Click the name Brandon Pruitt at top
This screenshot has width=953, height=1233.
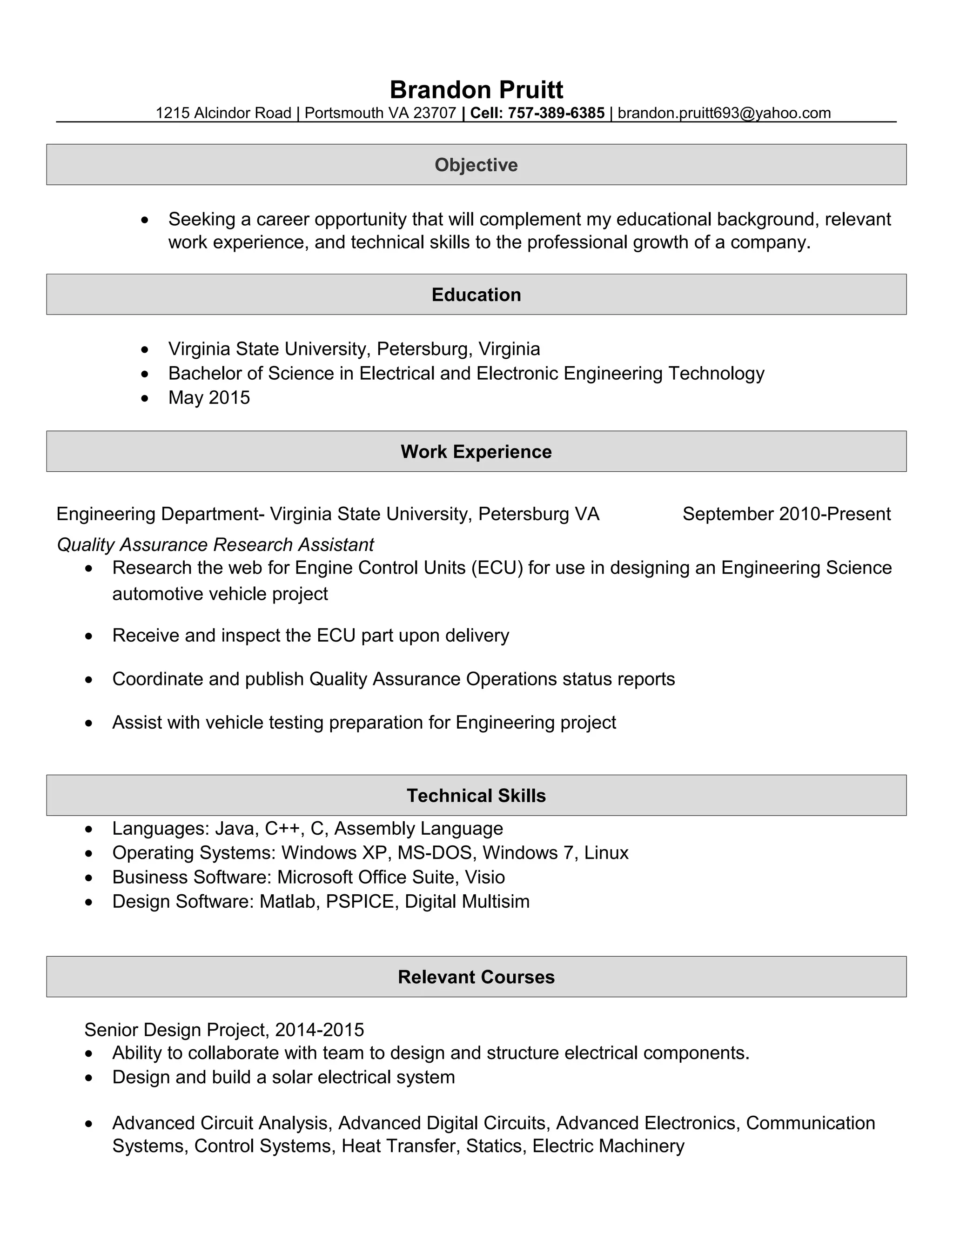click(476, 90)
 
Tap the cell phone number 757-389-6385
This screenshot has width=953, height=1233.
click(556, 113)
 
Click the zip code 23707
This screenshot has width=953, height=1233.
click(434, 113)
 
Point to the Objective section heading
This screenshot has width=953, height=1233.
click(476, 165)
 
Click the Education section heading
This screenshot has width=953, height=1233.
click(476, 295)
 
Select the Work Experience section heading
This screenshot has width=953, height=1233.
click(476, 452)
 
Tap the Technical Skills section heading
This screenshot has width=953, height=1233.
click(476, 796)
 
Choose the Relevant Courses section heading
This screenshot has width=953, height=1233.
click(476, 977)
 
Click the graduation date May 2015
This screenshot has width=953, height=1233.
click(209, 397)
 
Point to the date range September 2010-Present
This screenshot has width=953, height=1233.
click(786, 514)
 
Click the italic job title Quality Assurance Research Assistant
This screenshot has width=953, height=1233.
click(215, 544)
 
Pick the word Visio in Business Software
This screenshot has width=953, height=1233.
click(484, 877)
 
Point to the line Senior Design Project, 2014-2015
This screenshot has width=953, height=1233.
click(224, 1030)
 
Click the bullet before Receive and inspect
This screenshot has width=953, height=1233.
click(88, 636)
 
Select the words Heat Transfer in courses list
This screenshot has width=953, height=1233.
click(401, 1146)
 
